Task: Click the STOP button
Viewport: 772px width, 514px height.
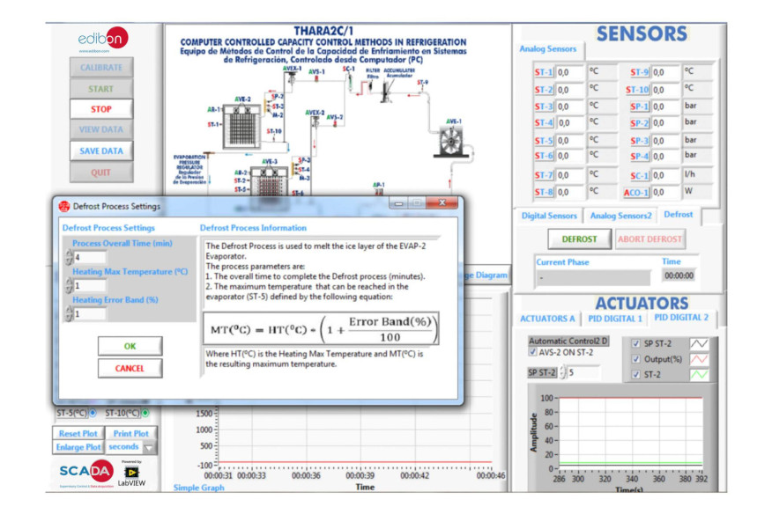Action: click(101, 109)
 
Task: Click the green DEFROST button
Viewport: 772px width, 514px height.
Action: click(579, 239)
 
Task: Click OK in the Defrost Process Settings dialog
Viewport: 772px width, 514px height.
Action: click(130, 346)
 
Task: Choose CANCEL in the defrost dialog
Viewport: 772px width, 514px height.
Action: click(130, 367)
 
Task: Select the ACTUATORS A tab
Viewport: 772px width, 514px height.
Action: click(547, 318)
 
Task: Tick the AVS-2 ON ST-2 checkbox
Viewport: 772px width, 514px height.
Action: click(531, 352)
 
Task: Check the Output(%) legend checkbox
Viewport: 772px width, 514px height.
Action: click(636, 358)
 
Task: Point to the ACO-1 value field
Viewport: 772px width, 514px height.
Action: click(667, 192)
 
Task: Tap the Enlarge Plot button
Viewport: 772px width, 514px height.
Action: click(80, 447)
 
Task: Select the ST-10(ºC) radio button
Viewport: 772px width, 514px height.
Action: click(145, 413)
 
